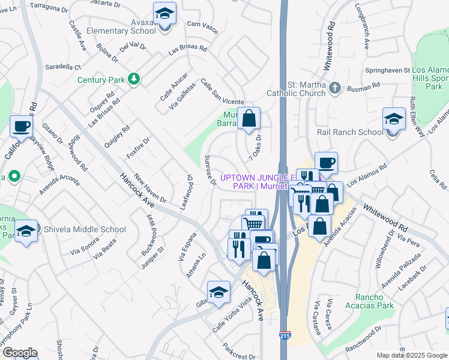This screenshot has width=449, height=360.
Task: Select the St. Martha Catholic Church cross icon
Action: coord(335,89)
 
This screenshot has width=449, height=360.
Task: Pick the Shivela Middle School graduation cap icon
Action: coord(26,230)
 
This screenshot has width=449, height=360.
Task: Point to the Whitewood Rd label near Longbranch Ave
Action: coord(330,46)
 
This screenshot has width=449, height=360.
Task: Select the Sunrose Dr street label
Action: coord(209,170)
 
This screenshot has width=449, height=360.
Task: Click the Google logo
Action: coord(19,352)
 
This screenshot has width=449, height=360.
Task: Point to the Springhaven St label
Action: coord(386,70)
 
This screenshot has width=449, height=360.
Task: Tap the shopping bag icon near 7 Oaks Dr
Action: coord(249,119)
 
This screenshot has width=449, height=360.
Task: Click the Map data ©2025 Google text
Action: coord(412,355)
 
